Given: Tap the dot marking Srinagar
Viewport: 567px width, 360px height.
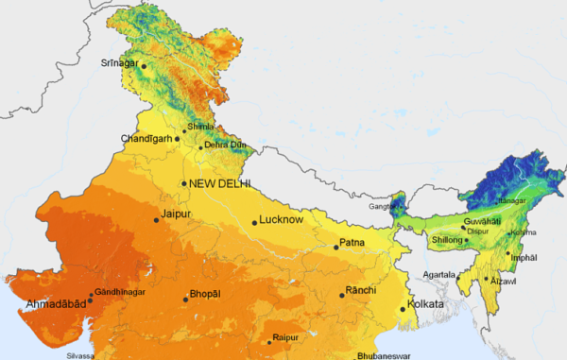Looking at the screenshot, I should click(144, 66).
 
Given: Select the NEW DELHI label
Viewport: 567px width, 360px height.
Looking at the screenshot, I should click(219, 183).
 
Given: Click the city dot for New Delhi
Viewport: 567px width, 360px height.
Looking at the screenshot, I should click(184, 183).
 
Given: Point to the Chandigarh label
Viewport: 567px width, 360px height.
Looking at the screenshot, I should click(146, 139).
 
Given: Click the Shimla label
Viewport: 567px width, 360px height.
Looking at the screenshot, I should click(200, 127).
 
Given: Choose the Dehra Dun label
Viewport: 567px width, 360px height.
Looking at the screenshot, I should click(224, 145).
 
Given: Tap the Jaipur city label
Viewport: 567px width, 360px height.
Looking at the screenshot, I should click(177, 214).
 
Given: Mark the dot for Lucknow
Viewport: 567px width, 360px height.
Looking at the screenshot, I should click(254, 223).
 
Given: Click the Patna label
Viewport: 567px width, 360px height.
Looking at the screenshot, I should click(352, 243).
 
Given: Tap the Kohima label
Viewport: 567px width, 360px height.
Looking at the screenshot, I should click(523, 232).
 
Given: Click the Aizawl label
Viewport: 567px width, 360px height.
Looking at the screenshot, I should click(504, 281).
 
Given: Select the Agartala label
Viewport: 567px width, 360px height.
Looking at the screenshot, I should click(438, 275).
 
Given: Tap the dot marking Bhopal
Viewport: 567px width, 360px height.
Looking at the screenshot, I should click(184, 299).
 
